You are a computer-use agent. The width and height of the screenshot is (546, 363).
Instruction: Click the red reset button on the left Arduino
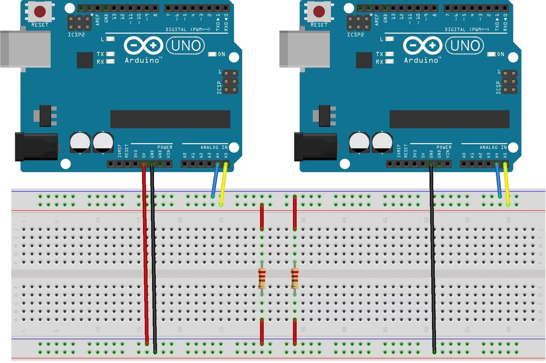40,11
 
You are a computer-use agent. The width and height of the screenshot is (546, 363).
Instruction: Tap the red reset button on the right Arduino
319,11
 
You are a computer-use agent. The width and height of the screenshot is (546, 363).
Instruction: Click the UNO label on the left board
186,46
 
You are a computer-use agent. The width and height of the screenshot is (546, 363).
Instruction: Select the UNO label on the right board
465,46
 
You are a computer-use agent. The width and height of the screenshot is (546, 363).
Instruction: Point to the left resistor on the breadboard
262,278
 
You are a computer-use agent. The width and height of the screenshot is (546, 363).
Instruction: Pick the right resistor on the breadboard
294,278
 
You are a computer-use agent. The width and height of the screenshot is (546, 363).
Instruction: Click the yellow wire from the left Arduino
223,183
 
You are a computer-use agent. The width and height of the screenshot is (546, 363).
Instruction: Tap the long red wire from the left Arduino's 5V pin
146,254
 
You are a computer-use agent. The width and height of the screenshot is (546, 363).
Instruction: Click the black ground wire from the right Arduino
432,254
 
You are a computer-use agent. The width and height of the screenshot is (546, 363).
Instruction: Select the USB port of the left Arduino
25,49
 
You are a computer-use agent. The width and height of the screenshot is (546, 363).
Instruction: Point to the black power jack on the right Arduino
315,147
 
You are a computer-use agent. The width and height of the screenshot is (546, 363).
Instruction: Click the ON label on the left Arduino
221,54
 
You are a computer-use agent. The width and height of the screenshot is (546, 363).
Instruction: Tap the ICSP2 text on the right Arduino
355,35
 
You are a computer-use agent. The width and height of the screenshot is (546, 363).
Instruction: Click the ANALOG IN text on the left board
214,147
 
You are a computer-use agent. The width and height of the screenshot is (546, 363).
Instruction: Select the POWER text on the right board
444,147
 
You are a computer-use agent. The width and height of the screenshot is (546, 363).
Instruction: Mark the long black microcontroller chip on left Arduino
170,119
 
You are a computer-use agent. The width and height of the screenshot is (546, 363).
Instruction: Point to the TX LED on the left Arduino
110,54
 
